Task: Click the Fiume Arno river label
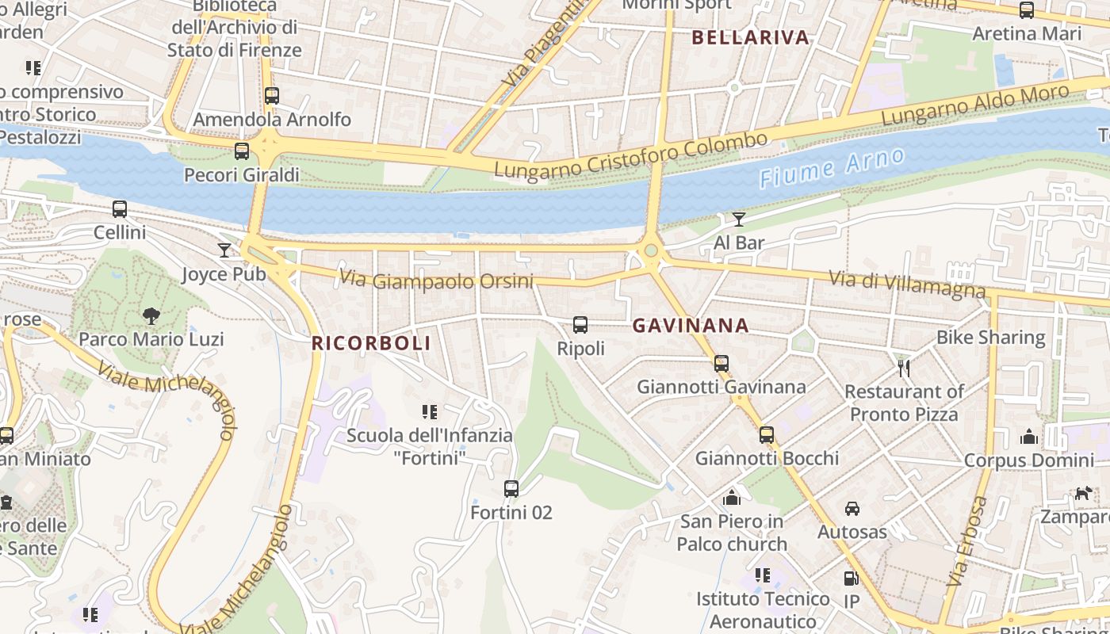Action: coord(831,167)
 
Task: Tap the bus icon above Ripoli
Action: coord(580,325)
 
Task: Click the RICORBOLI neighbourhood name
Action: coord(371,343)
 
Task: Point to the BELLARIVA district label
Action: coord(750,37)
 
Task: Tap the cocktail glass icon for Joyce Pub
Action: coord(224,250)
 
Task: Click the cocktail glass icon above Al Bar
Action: coord(739,219)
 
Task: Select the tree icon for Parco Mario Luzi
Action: coord(151,316)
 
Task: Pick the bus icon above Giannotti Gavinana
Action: coord(721,364)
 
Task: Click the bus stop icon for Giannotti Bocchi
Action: coord(766,435)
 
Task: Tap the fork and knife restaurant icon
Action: coord(903,368)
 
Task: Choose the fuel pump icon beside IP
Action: coord(851,579)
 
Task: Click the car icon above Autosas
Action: coord(852,508)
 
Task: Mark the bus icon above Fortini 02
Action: coord(511,489)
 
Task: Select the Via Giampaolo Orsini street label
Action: coord(436,281)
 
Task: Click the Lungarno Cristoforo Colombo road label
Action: coord(630,155)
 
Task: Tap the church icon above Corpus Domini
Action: coord(1029,437)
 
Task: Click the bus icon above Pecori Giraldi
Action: coord(242,151)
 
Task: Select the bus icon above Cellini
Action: coord(120,209)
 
